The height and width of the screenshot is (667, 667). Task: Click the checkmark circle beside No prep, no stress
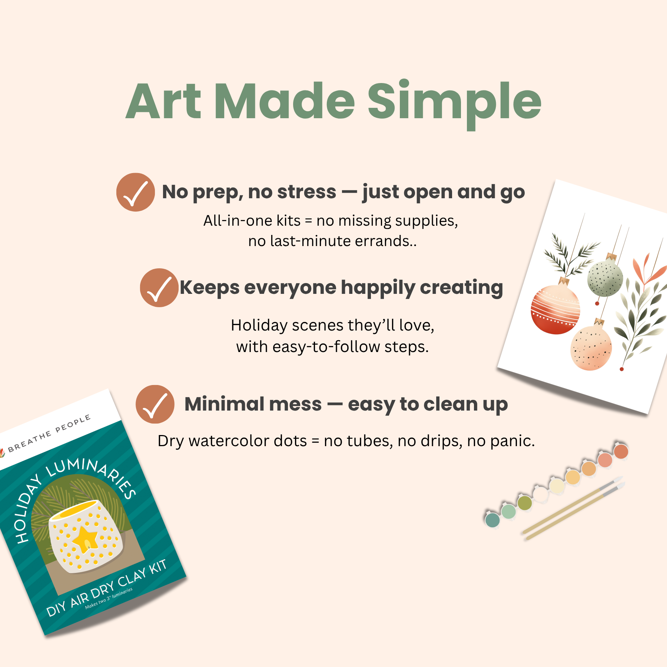(x=136, y=192)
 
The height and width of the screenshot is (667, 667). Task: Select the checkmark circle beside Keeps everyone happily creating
(x=159, y=288)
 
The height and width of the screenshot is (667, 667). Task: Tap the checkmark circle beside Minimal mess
(x=155, y=404)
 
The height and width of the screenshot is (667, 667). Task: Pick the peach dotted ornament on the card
(x=591, y=348)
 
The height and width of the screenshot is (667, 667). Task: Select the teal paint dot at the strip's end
(x=492, y=520)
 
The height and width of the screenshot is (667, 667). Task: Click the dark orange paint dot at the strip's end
(x=621, y=451)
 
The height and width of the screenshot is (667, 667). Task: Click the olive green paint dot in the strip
(x=525, y=503)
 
